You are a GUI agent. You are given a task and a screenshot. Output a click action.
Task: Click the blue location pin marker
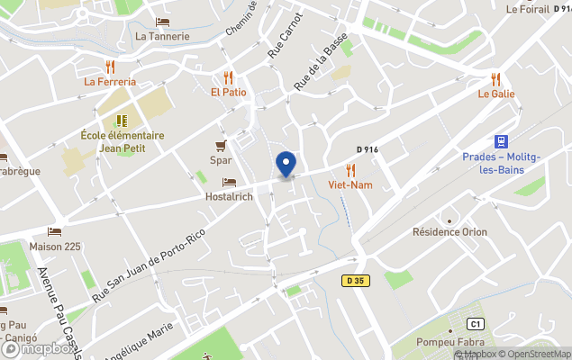286,165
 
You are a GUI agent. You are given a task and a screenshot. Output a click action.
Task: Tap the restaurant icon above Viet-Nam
350,169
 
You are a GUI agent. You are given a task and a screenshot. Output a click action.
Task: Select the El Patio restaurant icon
229,77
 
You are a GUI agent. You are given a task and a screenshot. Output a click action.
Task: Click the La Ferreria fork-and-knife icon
110,67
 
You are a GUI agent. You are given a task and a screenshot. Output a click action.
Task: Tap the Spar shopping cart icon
221,146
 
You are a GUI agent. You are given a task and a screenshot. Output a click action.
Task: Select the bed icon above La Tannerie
162,22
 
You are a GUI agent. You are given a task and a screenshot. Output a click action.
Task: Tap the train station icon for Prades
499,141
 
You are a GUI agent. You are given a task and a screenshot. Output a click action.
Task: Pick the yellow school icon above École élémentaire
122,121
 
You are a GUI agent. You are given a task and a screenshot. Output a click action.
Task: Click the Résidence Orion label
449,232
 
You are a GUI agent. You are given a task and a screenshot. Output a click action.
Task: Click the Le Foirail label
528,10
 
